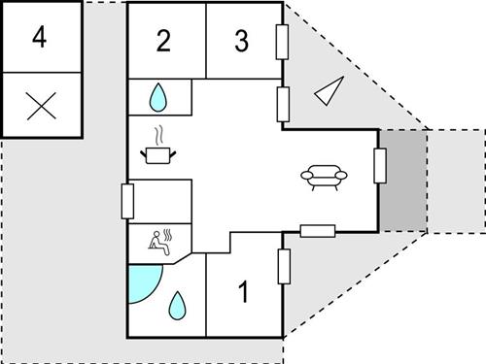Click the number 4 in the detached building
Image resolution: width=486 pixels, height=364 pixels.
click(x=39, y=38)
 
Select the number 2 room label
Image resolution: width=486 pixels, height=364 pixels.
click(x=163, y=41)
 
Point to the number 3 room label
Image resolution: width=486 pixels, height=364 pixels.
click(x=242, y=41)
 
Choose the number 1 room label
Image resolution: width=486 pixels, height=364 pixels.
click(x=243, y=289)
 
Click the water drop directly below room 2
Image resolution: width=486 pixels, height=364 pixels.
click(x=158, y=97)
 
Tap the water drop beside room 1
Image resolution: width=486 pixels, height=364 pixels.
click(x=177, y=307)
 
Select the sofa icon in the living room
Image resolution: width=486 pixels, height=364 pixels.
click(x=322, y=177)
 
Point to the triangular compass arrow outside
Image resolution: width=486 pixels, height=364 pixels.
click(x=328, y=90)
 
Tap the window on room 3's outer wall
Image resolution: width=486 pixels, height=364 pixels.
click(x=283, y=43)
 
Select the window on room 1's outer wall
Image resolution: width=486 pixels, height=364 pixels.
click(x=283, y=268)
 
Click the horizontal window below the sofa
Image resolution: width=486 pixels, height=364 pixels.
click(x=318, y=231)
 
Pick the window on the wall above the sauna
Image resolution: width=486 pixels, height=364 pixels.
click(x=127, y=202)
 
